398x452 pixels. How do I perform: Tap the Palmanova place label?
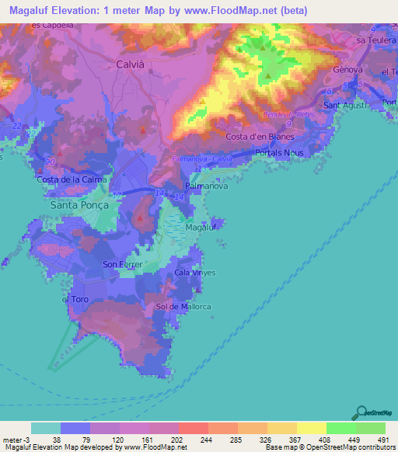(x=206, y=187)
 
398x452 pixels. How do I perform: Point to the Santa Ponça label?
(x=76, y=206)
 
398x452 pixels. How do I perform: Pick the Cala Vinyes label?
(x=194, y=273)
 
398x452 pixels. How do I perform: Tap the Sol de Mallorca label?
(x=184, y=307)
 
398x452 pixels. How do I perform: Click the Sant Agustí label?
(x=343, y=105)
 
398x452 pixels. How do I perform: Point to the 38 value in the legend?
(x=57, y=440)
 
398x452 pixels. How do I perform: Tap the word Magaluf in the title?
(x=36, y=11)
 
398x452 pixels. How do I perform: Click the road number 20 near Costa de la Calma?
(x=50, y=162)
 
